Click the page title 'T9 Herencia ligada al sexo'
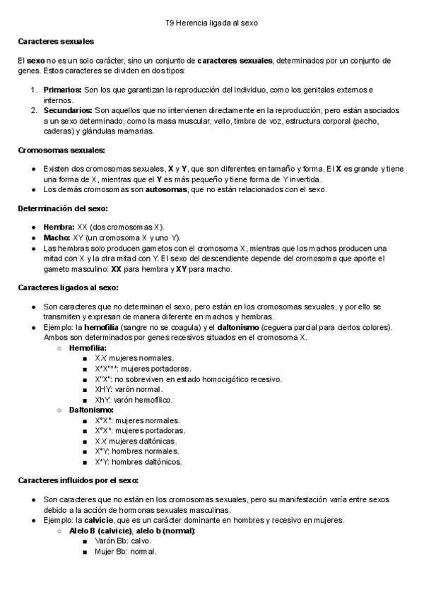tap(211, 23)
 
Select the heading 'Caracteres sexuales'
tap(56, 42)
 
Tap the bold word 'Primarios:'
tap(62, 91)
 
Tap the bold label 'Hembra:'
tap(58, 227)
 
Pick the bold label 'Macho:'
tap(57, 238)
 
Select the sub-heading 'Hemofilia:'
tap(88, 348)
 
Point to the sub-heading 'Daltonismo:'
tap(91, 410)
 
